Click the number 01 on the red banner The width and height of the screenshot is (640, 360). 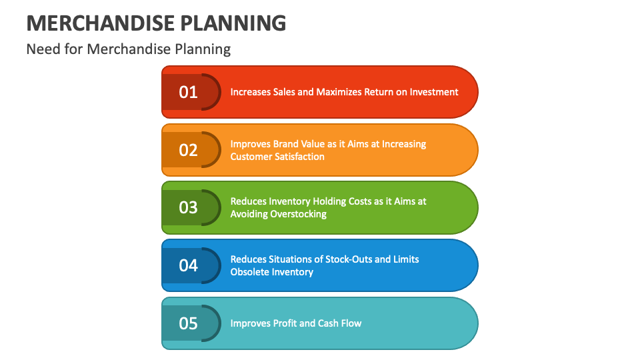coord(189,92)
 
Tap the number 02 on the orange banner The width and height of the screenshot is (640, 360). coord(189,150)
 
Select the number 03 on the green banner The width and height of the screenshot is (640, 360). coord(189,207)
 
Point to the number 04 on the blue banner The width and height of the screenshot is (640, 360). coord(189,265)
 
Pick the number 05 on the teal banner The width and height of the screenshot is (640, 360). coord(189,323)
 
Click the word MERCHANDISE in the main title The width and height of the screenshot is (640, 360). coord(99,23)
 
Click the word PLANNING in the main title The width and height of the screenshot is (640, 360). coord(233,23)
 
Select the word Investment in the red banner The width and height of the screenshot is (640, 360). coord(433,92)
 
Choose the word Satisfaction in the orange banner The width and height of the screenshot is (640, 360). coord(299,157)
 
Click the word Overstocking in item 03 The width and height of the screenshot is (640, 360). coord(298,214)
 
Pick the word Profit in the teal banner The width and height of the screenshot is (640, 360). coord(285,323)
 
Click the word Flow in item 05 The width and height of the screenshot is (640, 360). coord(351,323)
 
